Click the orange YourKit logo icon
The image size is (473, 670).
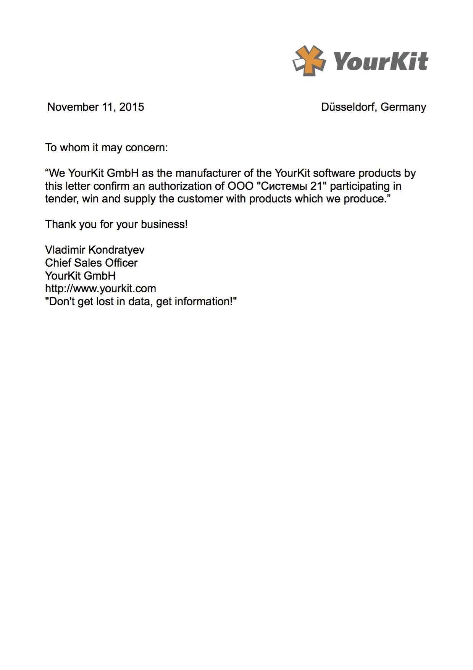[x=309, y=60]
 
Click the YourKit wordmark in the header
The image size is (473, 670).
[x=381, y=61]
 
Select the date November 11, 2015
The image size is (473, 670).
[x=95, y=107]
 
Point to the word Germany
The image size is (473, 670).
[x=403, y=107]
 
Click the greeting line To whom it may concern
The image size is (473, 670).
[x=106, y=147]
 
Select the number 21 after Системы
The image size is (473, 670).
[x=316, y=186]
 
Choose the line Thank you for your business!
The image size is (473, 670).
[x=116, y=224]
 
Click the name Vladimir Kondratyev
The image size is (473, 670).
[x=95, y=250]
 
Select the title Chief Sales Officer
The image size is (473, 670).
[x=91, y=263]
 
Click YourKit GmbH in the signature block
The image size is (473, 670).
[x=80, y=276]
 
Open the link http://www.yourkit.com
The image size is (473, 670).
[x=100, y=288]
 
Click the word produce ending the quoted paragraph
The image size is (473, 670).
[x=365, y=199]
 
